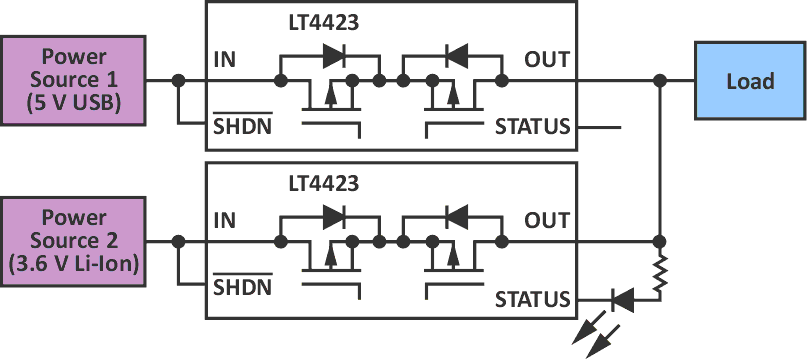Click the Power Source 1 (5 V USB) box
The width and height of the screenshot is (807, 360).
[73, 80]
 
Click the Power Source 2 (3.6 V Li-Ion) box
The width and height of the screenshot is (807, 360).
[73, 241]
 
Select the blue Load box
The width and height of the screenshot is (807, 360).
[750, 81]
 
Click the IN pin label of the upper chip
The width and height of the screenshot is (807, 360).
[225, 59]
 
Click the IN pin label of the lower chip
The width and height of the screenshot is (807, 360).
[225, 220]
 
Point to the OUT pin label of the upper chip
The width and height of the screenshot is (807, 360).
[547, 59]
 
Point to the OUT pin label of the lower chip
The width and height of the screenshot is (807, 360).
[547, 220]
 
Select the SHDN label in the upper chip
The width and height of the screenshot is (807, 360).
[241, 127]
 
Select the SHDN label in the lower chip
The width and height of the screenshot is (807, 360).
[241, 289]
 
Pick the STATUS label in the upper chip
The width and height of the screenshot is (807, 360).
[533, 127]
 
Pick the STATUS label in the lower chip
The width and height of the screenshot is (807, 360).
[533, 299]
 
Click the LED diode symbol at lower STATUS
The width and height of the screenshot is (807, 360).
[621, 298]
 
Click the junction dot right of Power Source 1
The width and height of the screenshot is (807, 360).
[178, 80]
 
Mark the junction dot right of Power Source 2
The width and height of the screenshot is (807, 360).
[178, 241]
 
